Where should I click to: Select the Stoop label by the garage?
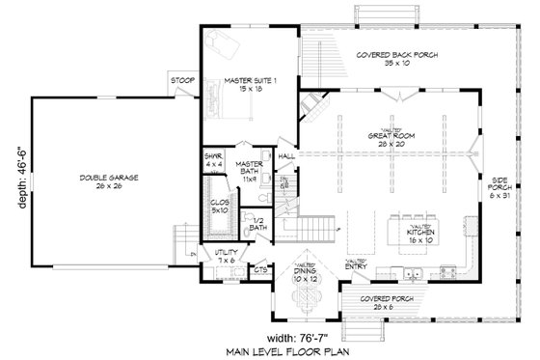[x=180, y=80]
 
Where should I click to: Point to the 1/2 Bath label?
[x=258, y=225]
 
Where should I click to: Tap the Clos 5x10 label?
[x=219, y=207]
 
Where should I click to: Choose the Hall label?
[x=286, y=155]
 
